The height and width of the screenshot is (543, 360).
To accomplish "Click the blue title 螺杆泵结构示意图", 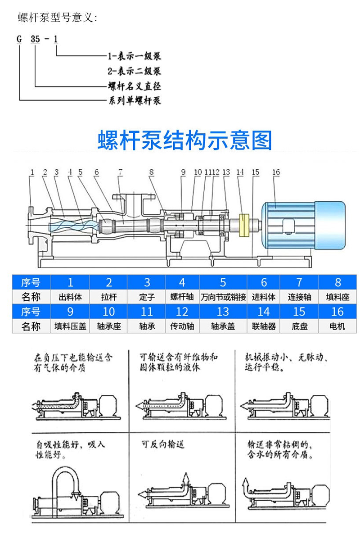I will pyautogui.click(x=185, y=140).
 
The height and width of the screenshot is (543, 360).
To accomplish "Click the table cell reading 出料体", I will pyautogui.click(x=70, y=297).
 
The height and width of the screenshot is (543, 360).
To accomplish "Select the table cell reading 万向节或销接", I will pyautogui.click(x=223, y=297).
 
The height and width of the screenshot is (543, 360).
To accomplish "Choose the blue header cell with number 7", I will pyautogui.click(x=299, y=282).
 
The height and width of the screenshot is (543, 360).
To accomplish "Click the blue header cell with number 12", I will pyautogui.click(x=182, y=312).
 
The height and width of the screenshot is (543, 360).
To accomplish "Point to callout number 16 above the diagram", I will pyautogui.click(x=276, y=172).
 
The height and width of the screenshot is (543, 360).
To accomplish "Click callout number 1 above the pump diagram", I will pyautogui.click(x=32, y=172).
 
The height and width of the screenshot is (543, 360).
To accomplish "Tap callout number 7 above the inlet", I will pyautogui.click(x=120, y=172).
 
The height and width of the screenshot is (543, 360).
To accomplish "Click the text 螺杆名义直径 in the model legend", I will pyautogui.click(x=134, y=86).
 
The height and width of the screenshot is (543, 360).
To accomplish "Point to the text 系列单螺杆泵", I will pyautogui.click(x=134, y=100).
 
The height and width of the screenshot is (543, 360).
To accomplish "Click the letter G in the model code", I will pyautogui.click(x=19, y=39).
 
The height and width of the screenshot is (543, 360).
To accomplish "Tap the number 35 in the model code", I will pyautogui.click(x=35, y=39).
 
